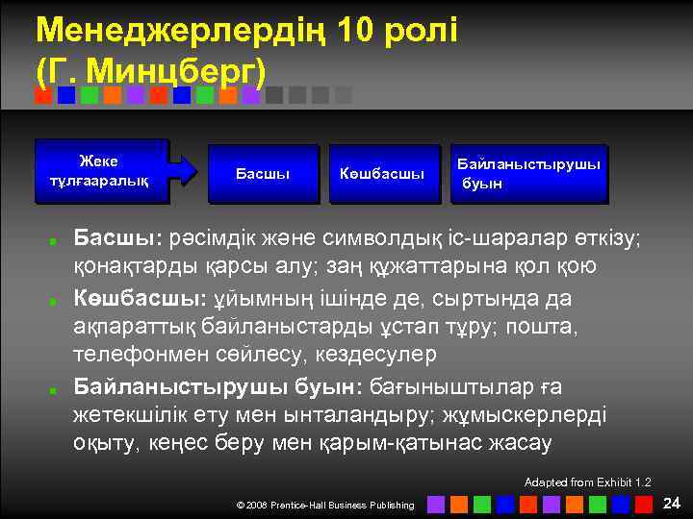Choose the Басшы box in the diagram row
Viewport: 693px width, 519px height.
click(x=263, y=173)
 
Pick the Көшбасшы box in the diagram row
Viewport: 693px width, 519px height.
click(x=382, y=173)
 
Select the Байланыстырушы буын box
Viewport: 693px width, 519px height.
click(x=529, y=173)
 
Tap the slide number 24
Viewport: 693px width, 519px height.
click(x=672, y=503)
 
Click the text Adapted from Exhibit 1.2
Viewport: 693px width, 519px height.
click(x=588, y=482)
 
